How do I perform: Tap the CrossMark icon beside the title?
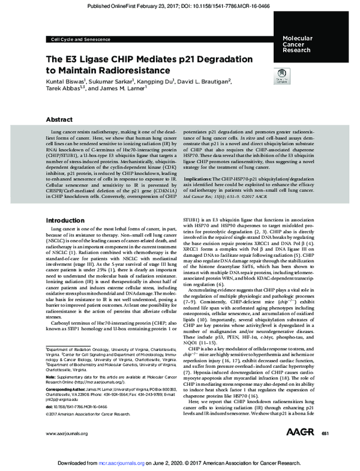coord(279,77)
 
